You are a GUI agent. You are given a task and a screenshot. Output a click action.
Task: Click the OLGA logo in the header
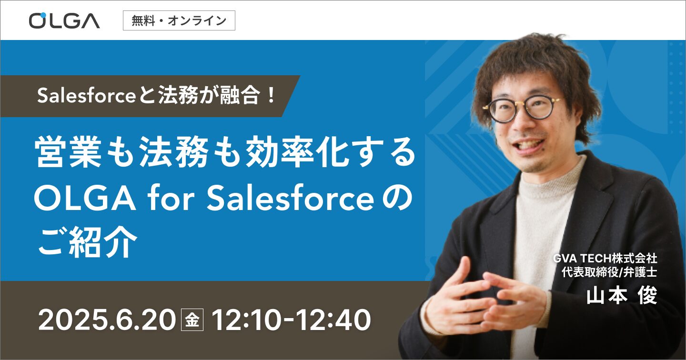point(64,20)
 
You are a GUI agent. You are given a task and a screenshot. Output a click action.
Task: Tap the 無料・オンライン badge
point(179,20)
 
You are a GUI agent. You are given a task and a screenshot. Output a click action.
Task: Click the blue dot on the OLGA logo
point(43,15)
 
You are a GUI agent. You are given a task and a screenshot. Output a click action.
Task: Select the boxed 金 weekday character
point(192,320)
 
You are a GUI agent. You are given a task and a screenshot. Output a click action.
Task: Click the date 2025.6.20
point(107,320)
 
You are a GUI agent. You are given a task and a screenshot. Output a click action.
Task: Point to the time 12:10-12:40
point(291,320)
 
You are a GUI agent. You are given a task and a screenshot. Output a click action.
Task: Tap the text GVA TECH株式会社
point(605,259)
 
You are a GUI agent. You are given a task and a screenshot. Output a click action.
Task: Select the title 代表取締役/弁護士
point(609,272)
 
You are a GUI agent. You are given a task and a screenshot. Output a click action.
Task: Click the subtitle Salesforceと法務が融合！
point(156,96)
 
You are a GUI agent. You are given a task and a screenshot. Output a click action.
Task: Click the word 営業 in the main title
point(68,152)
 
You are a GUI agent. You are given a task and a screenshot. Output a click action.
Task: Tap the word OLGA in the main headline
point(85,198)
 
